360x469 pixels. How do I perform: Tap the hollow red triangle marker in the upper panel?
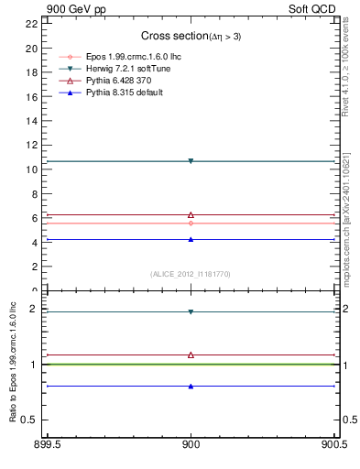coord(191,214)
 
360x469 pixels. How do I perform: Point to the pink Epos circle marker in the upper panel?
coord(191,223)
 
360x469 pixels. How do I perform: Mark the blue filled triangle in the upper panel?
coord(191,239)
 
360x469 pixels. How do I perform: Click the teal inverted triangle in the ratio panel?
coord(191,311)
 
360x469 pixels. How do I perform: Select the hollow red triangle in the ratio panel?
coord(191,354)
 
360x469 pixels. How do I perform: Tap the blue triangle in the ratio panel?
coord(191,386)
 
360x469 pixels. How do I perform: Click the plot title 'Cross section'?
coord(170,36)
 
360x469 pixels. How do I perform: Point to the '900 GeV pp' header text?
coord(73,9)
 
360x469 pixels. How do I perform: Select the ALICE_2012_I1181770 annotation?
coord(191,274)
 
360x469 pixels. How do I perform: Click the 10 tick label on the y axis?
coord(33,169)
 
